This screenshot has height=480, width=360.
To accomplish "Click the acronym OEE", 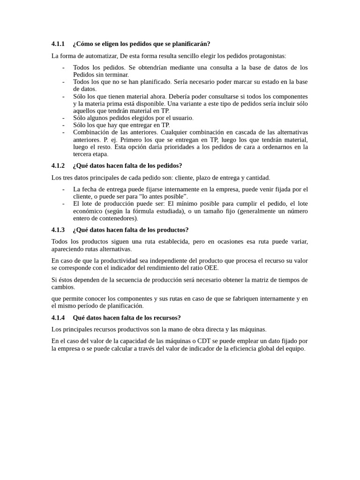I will (x=211, y=268).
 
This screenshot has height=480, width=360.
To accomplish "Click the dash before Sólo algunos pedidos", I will (x=63, y=118).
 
